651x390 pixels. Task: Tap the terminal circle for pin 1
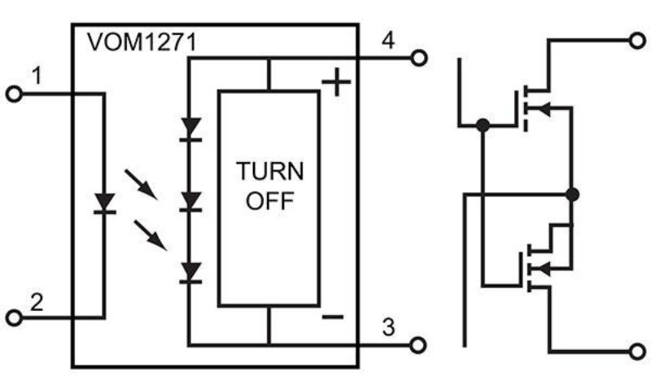14,94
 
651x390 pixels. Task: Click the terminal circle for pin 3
418,345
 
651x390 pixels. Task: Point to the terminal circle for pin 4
418,58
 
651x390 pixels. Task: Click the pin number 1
36,77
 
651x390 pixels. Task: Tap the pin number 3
389,327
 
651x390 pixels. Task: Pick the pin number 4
389,40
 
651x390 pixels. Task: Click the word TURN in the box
270,172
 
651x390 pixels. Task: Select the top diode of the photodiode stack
190,129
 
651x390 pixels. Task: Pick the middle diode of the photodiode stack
190,200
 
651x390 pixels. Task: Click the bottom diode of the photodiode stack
190,272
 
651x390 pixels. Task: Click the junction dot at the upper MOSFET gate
483,125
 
